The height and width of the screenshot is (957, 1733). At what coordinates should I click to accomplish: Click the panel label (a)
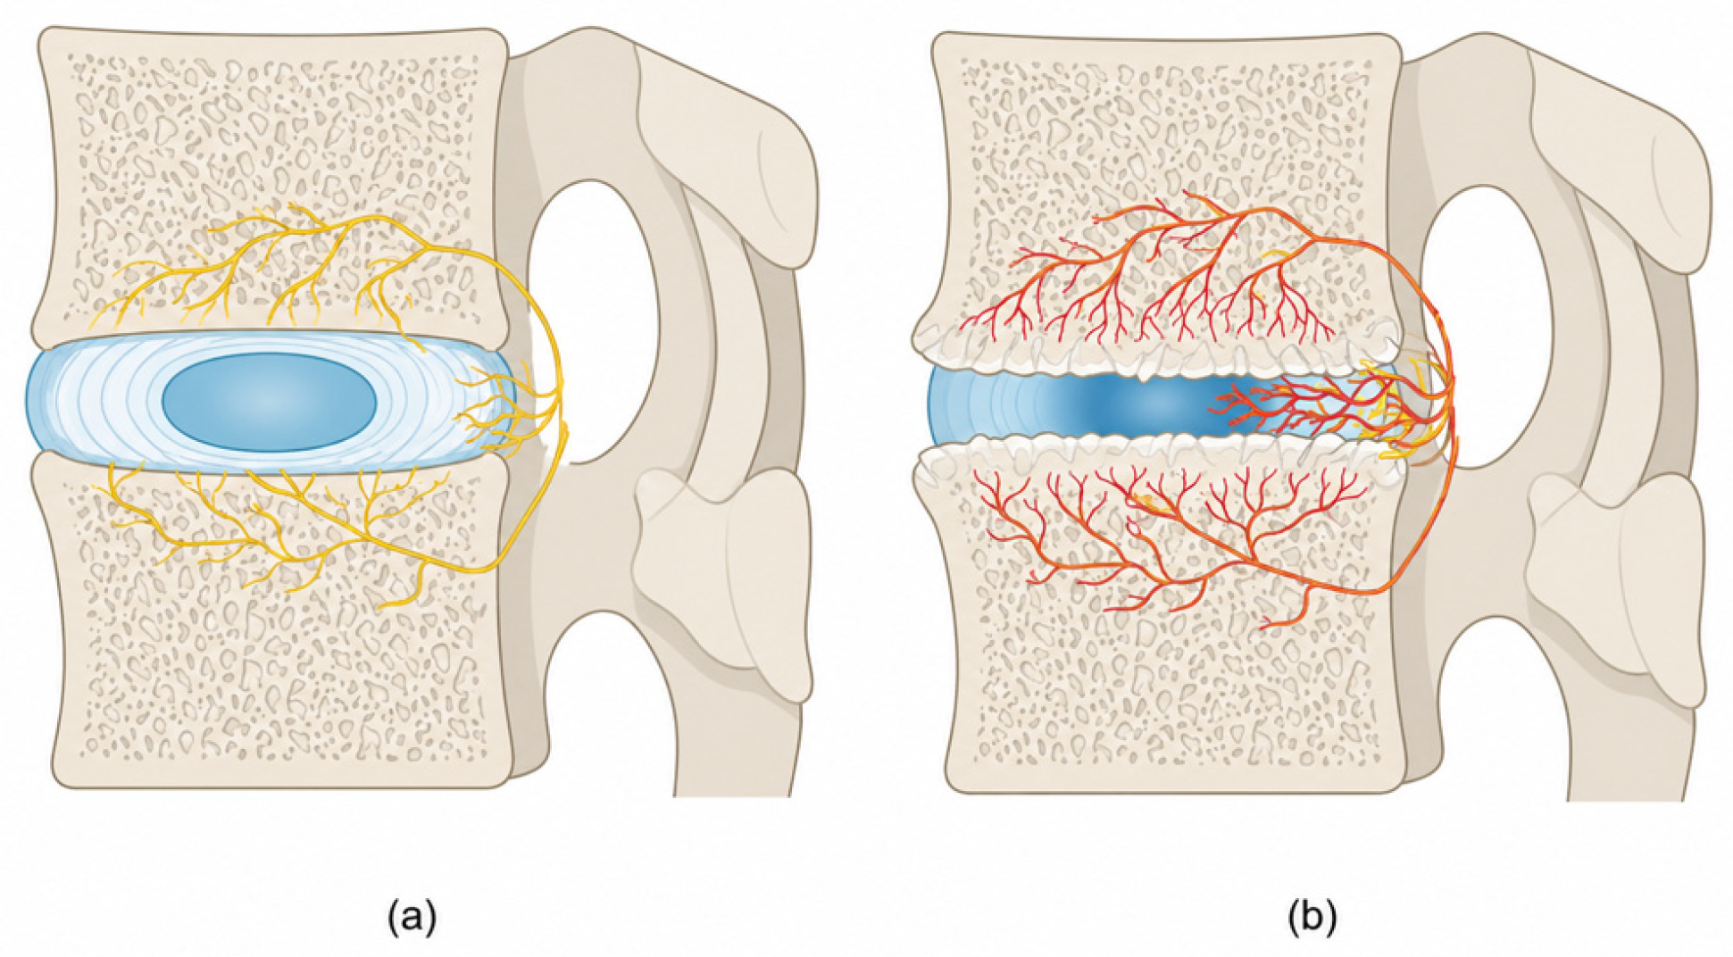[412, 917]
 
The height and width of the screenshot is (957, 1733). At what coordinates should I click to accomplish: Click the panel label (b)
[1312, 917]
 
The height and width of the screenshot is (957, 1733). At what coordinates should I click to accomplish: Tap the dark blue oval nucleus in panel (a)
[269, 401]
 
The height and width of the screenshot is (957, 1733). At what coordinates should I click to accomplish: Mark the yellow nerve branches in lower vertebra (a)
[268, 527]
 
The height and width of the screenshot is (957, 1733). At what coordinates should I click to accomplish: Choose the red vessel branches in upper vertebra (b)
[1161, 277]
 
